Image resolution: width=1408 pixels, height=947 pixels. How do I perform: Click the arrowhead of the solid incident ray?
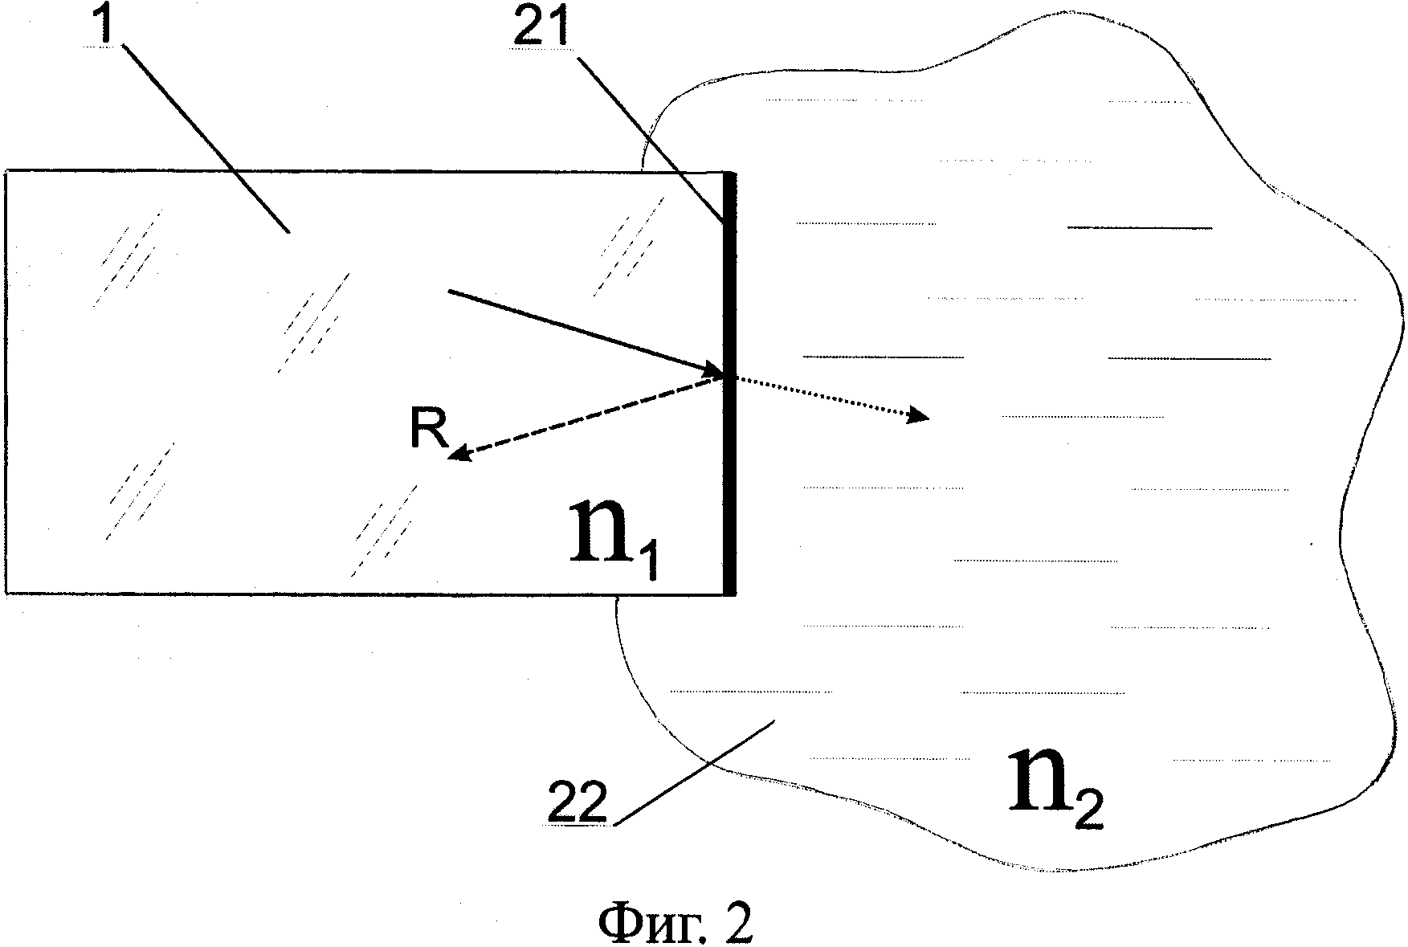click(713, 370)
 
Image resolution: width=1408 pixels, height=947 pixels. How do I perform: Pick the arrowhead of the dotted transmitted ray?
click(917, 416)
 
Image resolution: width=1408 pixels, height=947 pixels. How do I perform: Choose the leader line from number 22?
click(695, 770)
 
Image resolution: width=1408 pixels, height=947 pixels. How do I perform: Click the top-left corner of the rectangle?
click(6, 171)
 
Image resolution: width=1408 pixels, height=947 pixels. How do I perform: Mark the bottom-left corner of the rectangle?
click(6, 594)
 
